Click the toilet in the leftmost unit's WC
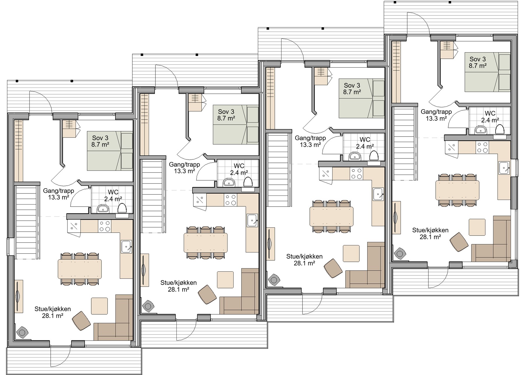[122, 208]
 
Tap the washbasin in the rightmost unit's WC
[481, 130]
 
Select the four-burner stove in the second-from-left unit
[230, 200]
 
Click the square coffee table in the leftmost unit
[99, 306]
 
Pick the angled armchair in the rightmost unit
[459, 242]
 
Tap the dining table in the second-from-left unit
[206, 243]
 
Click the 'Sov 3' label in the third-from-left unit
[352, 86]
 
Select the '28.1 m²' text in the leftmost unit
[53, 315]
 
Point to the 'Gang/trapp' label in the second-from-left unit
[185, 165]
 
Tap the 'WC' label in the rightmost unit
[490, 113]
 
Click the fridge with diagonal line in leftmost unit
[74, 226]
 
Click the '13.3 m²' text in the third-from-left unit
[310, 145]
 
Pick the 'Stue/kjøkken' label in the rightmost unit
[430, 230]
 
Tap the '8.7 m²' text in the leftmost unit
[100, 144]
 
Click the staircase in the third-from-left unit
[279, 170]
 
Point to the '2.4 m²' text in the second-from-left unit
[239, 173]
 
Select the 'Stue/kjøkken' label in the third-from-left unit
[304, 257]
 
